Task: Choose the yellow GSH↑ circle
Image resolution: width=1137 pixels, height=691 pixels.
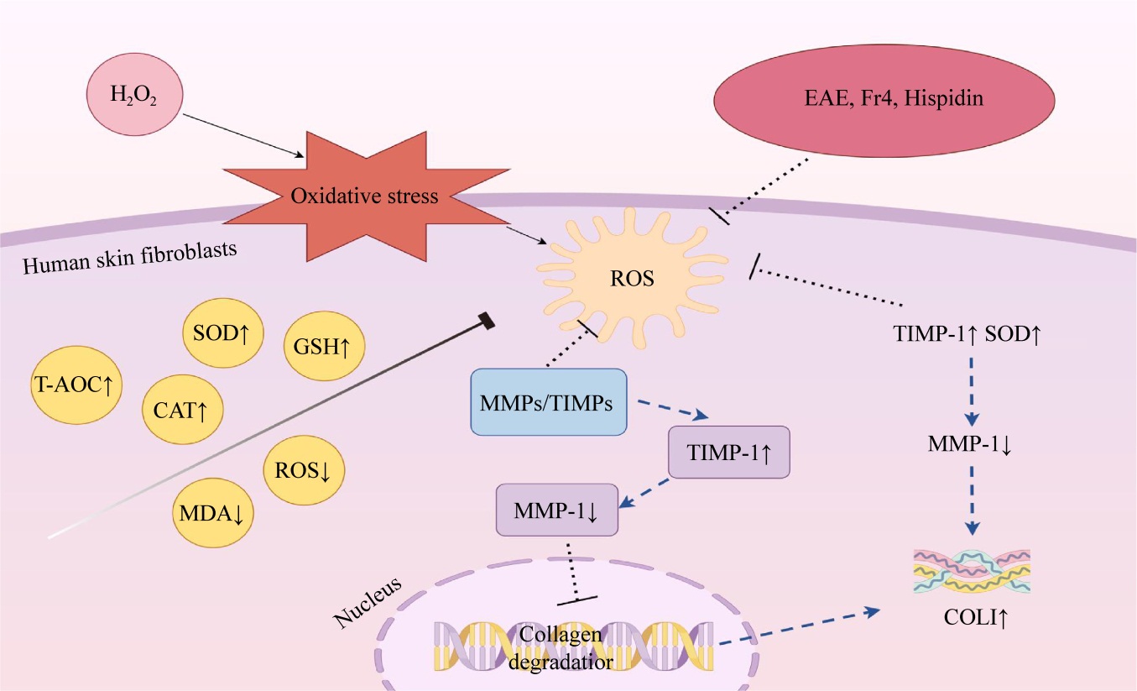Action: point(322,346)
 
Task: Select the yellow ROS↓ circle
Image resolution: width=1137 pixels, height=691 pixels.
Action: point(303,470)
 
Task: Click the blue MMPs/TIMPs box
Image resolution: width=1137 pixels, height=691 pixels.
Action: point(549,402)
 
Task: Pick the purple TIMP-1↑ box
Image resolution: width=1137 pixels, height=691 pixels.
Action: point(728,452)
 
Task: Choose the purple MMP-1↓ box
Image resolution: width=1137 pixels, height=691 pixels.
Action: point(557,510)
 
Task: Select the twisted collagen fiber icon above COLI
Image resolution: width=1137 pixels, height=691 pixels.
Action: point(971,571)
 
